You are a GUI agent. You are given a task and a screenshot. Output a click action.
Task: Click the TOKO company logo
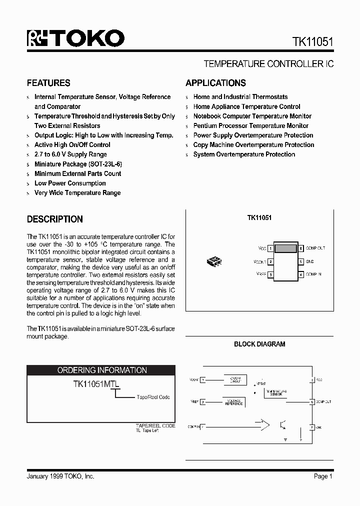pyautogui.click(x=75, y=38)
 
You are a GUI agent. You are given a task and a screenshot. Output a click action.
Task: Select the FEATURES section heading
pyautogui.click(x=48, y=83)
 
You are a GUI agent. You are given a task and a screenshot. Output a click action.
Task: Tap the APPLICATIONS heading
pyautogui.click(x=215, y=83)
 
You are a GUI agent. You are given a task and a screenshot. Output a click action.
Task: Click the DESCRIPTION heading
pyautogui.click(x=54, y=219)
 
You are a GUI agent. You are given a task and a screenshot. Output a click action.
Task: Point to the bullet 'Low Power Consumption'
pyautogui.click(x=70, y=183)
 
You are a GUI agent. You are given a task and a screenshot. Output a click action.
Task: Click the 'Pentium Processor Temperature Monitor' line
pyautogui.click(x=250, y=125)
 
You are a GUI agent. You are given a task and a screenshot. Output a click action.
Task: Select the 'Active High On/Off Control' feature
pyautogui.click(x=72, y=144)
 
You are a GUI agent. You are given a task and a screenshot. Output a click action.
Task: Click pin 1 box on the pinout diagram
pyautogui.click(x=270, y=248)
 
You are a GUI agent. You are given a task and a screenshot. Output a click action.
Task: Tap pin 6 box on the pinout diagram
pyautogui.click(x=301, y=248)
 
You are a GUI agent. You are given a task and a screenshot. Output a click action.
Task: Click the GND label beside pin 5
pyautogui.click(x=310, y=261)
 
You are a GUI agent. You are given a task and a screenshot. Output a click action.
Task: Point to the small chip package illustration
pyautogui.click(x=214, y=261)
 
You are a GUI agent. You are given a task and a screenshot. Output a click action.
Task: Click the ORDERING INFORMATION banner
pyautogui.click(x=101, y=370)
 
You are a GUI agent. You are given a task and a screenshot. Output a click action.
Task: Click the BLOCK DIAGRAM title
pyautogui.click(x=259, y=344)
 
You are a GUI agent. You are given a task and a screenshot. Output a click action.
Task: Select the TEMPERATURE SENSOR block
pyautogui.click(x=276, y=393)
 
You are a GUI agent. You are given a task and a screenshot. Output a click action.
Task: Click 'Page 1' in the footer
pyautogui.click(x=323, y=476)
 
